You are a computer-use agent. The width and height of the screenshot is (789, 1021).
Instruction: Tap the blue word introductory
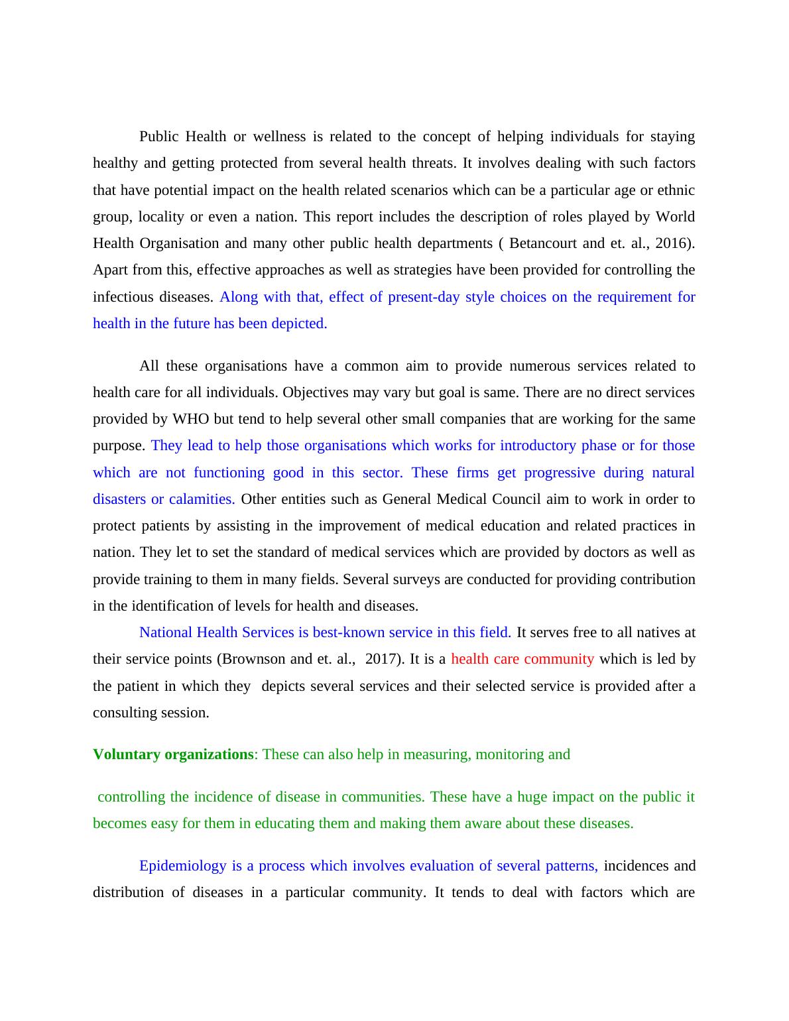click(538, 446)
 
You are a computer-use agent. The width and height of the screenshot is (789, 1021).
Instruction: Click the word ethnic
click(676, 190)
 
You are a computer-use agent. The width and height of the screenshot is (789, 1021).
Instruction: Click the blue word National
click(166, 632)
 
